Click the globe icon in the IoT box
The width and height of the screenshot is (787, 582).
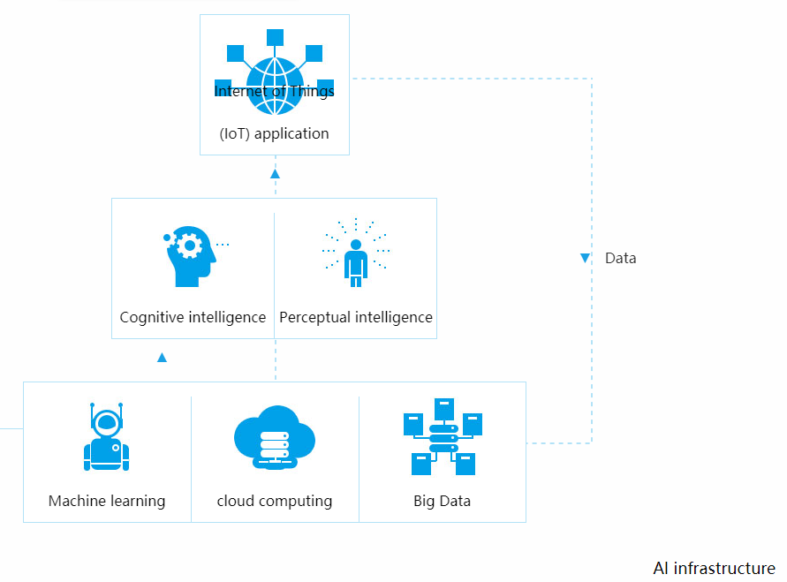click(275, 85)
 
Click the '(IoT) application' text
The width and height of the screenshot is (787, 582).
click(275, 134)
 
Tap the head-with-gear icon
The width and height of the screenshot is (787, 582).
click(190, 256)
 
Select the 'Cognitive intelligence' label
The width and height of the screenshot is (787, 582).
click(193, 317)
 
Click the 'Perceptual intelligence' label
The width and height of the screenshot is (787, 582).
click(356, 317)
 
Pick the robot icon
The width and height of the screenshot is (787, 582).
click(107, 438)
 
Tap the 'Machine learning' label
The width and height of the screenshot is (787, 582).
click(107, 501)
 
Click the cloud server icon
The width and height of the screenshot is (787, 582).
click(275, 438)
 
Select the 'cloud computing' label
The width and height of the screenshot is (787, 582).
click(275, 501)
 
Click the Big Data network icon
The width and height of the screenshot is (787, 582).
click(443, 437)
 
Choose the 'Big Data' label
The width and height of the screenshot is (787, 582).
click(443, 501)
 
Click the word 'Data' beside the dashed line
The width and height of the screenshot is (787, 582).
click(620, 258)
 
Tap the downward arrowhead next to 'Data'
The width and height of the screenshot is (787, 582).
click(585, 258)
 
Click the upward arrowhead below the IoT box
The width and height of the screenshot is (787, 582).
click(275, 174)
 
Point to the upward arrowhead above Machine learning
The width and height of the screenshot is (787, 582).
click(162, 358)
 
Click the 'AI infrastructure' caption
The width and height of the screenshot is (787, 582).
click(714, 568)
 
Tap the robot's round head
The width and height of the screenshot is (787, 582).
click(107, 423)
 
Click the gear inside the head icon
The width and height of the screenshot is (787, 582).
click(188, 244)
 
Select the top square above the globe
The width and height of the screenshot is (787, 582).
click(275, 37)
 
